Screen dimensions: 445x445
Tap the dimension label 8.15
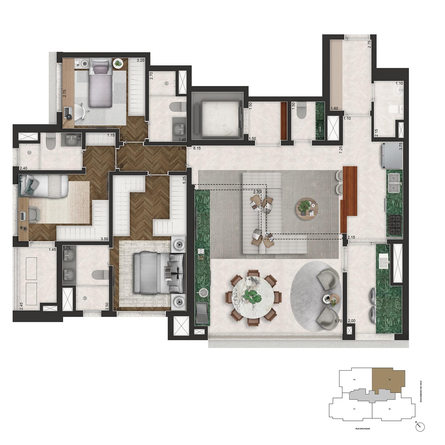(197, 148)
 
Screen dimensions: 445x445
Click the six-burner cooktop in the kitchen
(395, 225)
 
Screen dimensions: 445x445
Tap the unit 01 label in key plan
(354, 409)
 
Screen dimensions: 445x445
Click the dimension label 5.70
(338, 321)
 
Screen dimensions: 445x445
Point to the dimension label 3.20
(140, 60)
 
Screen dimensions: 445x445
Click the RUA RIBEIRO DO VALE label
(421, 391)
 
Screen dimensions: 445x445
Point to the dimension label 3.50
(105, 239)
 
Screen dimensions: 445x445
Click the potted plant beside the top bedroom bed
(117, 63)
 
